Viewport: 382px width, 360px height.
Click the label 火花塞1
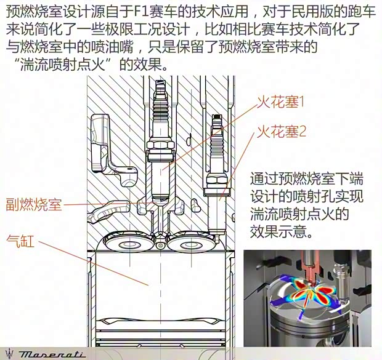(x=281, y=102)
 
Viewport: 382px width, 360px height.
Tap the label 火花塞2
(x=282, y=132)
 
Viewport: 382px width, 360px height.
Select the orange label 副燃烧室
(x=34, y=204)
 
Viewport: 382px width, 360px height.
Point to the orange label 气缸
(x=20, y=241)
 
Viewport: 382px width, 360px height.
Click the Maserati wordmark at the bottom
(x=52, y=354)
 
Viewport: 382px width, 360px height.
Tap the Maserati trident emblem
(x=10, y=353)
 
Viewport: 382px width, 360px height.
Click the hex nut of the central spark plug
(x=161, y=146)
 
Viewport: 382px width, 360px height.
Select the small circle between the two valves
(x=160, y=246)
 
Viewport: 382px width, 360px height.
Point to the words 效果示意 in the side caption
(x=278, y=231)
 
